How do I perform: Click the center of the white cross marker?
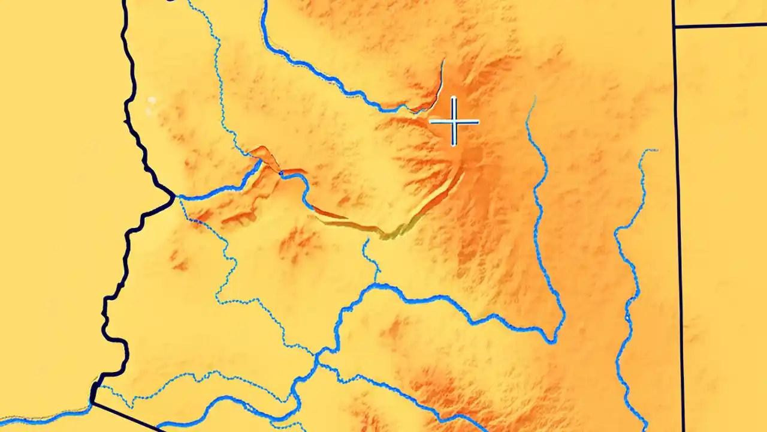[454, 122]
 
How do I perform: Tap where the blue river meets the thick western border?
[174, 196]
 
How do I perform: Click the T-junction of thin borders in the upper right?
[675, 26]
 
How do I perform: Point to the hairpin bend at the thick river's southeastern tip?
[552, 341]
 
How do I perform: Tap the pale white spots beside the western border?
[152, 101]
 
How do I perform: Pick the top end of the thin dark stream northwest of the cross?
[443, 60]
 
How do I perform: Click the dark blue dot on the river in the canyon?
[280, 173]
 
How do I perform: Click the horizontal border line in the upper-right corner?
[719, 25]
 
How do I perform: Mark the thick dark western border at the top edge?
[125, 2]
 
